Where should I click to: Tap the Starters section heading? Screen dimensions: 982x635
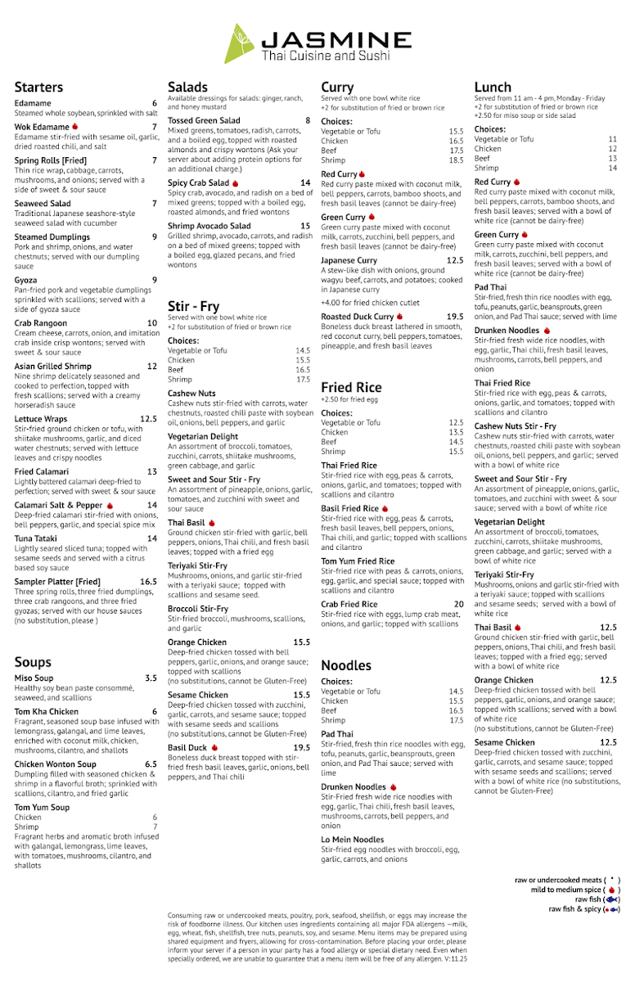click(38, 88)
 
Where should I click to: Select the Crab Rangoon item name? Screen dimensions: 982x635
click(40, 323)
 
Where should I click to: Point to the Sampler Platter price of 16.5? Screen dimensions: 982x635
click(148, 582)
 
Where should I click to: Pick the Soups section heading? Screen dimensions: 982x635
click(33, 662)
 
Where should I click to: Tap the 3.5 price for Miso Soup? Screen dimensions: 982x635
click(151, 678)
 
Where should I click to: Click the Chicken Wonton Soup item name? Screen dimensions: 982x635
click(56, 764)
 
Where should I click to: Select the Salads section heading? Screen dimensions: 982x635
click(187, 88)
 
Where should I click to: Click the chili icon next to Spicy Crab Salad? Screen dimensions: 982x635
click(235, 183)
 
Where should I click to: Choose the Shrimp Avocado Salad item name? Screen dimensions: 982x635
click(209, 226)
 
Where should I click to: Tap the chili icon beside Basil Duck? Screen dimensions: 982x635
click(214, 747)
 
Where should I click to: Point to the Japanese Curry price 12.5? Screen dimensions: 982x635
click(455, 260)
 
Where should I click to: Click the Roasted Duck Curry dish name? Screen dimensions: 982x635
click(358, 317)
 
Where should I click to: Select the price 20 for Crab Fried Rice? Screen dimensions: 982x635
click(459, 604)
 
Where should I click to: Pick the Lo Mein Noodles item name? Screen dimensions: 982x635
click(353, 840)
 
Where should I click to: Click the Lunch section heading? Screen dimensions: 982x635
click(493, 88)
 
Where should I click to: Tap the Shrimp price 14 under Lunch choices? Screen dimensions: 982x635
click(612, 169)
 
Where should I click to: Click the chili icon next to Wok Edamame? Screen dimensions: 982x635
click(75, 127)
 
